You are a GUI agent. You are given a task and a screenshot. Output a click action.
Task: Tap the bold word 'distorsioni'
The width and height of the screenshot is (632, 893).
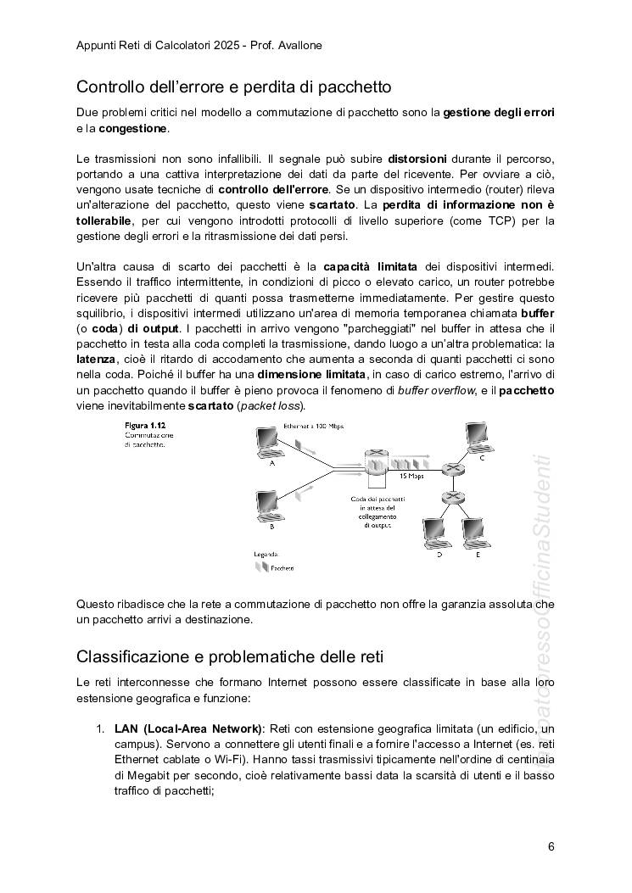click(422, 159)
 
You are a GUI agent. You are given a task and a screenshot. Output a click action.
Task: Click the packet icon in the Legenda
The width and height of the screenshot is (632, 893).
click(261, 567)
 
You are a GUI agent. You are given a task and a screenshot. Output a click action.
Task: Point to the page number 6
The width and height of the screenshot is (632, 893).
click(551, 846)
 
